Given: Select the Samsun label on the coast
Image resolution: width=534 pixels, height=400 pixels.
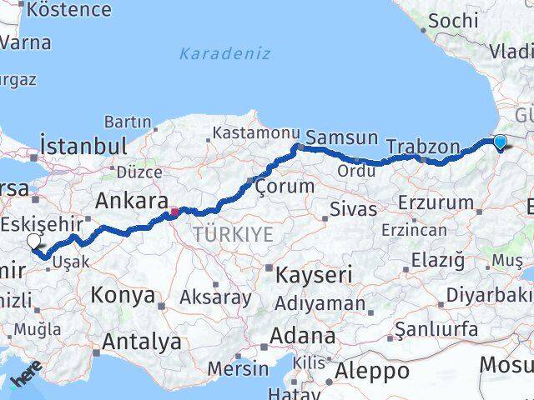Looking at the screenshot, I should pyautogui.click(x=342, y=137).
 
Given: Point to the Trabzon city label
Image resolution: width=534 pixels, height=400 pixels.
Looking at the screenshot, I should pyautogui.click(x=423, y=147).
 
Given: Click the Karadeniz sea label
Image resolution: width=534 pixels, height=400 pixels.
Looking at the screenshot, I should pyautogui.click(x=224, y=53).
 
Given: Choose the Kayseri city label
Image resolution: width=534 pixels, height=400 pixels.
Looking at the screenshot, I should pyautogui.click(x=314, y=274).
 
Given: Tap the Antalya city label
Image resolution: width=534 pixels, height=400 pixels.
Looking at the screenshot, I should pyautogui.click(x=141, y=341).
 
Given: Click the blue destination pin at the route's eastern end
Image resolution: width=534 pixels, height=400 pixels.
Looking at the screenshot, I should pyautogui.click(x=500, y=142).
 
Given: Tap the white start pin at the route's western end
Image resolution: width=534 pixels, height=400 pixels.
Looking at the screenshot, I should pyautogui.click(x=33, y=242).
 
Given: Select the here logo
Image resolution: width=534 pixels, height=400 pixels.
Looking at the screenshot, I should pyautogui.click(x=25, y=377).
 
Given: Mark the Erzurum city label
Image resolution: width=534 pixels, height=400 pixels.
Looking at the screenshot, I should pyautogui.click(x=436, y=202).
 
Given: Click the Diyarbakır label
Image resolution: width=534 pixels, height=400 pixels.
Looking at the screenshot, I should pyautogui.click(x=487, y=296).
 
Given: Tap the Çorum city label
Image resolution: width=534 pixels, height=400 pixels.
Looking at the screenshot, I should pyautogui.click(x=285, y=185).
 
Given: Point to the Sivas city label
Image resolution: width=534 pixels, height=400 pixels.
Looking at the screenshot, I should pyautogui.click(x=354, y=208).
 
